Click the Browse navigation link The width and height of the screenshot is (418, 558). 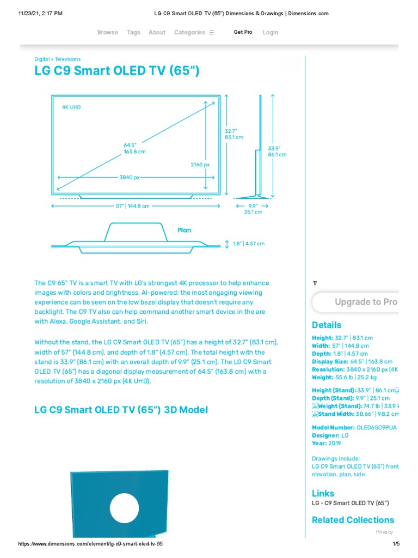click(x=107, y=32)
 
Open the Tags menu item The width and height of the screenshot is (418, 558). click(x=133, y=32)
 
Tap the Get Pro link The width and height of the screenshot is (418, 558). click(x=243, y=32)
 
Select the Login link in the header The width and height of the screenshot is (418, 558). click(x=271, y=32)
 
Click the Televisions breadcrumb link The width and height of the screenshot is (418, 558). click(x=67, y=59)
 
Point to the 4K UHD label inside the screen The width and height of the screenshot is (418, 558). click(x=71, y=107)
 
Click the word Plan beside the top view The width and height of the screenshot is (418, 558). click(x=185, y=230)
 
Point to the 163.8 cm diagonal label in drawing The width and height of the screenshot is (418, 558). click(x=134, y=151)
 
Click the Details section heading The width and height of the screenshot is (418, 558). click(x=327, y=325)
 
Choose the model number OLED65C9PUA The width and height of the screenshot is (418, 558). click(x=376, y=428)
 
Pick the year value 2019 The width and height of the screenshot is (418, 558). click(x=334, y=444)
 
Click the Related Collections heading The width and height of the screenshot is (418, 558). click(x=353, y=520)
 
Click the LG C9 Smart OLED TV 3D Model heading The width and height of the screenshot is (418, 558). click(x=121, y=409)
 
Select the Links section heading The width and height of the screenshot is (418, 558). click(x=323, y=493)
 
